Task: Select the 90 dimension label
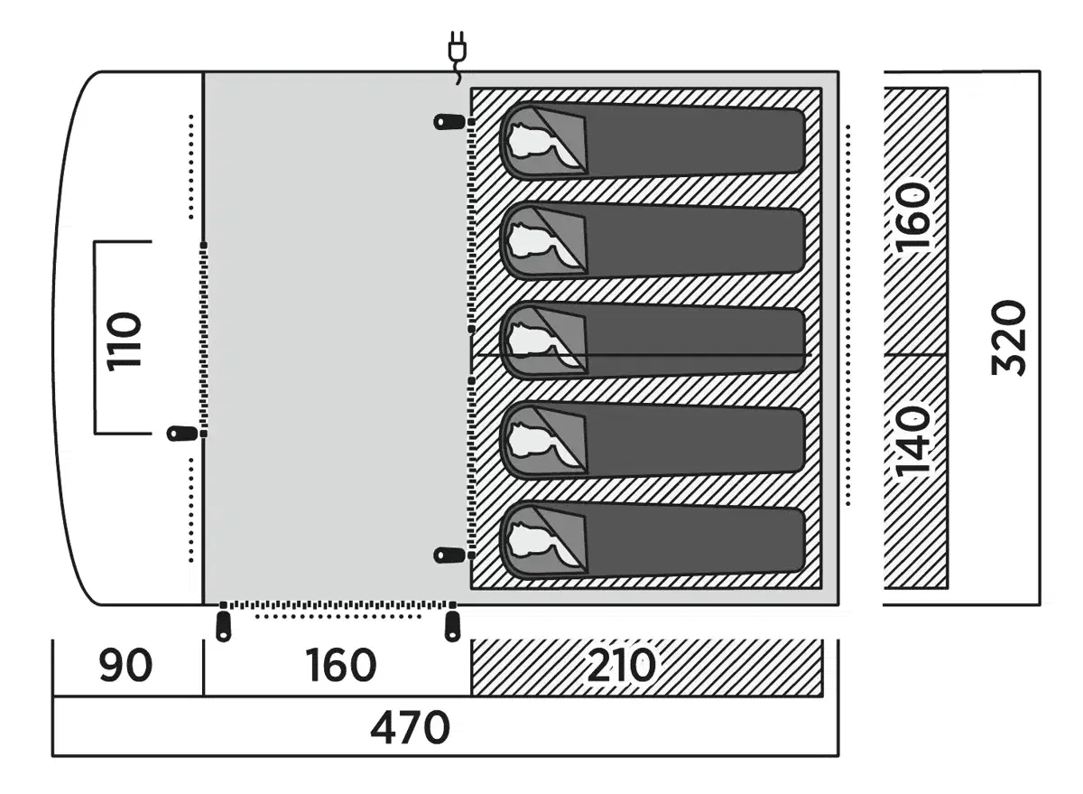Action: point(125,667)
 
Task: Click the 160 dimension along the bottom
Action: point(339,667)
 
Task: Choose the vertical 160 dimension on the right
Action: point(915,220)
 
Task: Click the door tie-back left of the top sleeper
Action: point(449,120)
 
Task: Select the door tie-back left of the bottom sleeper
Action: point(449,554)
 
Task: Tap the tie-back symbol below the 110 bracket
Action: point(182,434)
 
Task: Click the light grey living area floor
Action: point(334,334)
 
